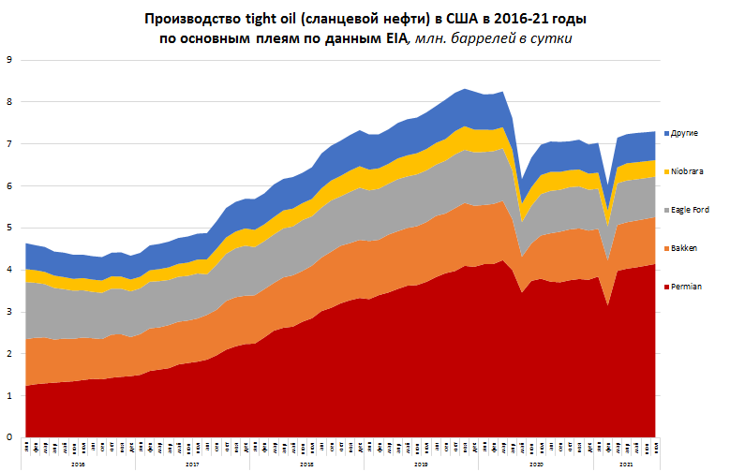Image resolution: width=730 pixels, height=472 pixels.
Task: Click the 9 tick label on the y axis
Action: pyautogui.click(x=8, y=60)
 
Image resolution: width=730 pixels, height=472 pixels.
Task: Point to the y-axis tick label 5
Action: pyautogui.click(x=8, y=228)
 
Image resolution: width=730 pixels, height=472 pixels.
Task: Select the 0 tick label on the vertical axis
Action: pyautogui.click(x=8, y=437)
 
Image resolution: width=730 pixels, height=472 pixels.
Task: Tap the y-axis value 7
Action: pyautogui.click(x=8, y=143)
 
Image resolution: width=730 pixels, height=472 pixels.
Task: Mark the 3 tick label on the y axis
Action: pyautogui.click(x=8, y=312)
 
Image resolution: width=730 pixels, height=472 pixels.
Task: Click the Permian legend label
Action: pyautogui.click(x=687, y=286)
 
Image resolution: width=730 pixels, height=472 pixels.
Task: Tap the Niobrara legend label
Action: pyautogui.click(x=688, y=171)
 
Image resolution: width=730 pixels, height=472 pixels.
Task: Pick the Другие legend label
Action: pyautogui.click(x=685, y=133)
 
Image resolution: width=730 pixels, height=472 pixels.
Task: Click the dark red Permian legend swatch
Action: pyautogui.click(x=665, y=286)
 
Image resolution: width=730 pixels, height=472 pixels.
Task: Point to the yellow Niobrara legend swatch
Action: pyautogui.click(x=665, y=171)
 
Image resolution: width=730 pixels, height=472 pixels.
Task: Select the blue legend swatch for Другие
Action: pyautogui.click(x=665, y=133)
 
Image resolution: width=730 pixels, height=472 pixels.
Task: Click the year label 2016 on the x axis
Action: pyautogui.click(x=79, y=464)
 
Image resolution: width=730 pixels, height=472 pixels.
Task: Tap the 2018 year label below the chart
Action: pyautogui.click(x=307, y=464)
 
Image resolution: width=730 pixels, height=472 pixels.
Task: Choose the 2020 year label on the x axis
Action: pyautogui.click(x=537, y=464)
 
